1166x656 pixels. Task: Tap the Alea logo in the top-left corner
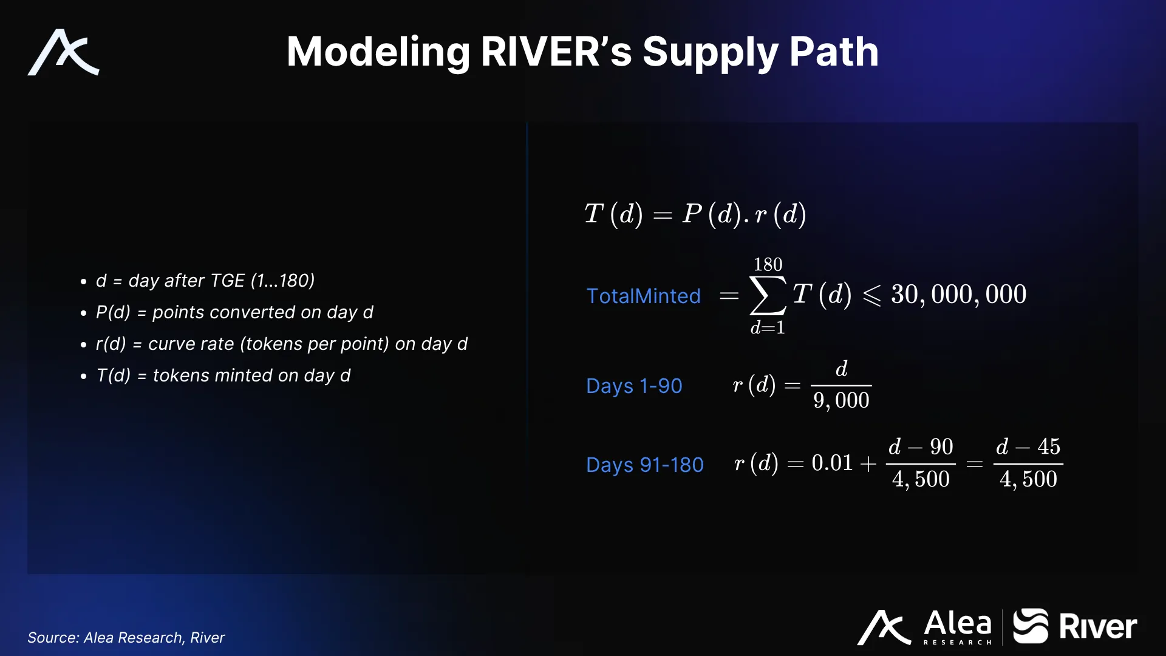pyautogui.click(x=63, y=52)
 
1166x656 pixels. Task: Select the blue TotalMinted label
pyautogui.click(x=643, y=296)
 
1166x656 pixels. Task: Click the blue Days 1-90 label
pyautogui.click(x=634, y=386)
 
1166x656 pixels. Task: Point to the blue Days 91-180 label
pyautogui.click(x=644, y=465)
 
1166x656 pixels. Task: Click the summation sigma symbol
pyautogui.click(x=768, y=296)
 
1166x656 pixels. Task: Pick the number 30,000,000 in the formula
pyautogui.click(x=958, y=295)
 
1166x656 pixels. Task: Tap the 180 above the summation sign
pyautogui.click(x=768, y=264)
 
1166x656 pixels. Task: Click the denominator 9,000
pyautogui.click(x=841, y=401)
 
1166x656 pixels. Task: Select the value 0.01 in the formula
pyautogui.click(x=832, y=463)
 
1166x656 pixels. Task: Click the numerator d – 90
pyautogui.click(x=921, y=446)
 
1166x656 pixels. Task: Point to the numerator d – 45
pyautogui.click(x=1028, y=446)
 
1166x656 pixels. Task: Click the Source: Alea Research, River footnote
pyautogui.click(x=126, y=637)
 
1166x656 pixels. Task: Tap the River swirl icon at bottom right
pyautogui.click(x=1031, y=626)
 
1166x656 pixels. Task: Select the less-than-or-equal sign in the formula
pyautogui.click(x=871, y=296)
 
